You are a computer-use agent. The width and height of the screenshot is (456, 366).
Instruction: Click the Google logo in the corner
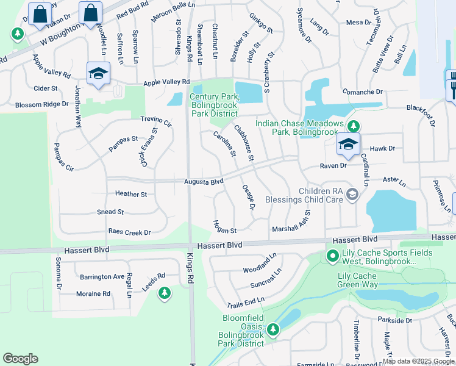pyautogui.click(x=20, y=359)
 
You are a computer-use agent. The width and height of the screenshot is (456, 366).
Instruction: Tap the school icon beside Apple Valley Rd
pyautogui.click(x=98, y=74)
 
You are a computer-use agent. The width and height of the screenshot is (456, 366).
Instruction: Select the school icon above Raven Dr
pyautogui.click(x=347, y=144)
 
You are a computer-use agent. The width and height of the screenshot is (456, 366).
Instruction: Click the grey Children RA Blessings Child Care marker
pyautogui.click(x=352, y=195)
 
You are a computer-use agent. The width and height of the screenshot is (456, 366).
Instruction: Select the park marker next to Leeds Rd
pyautogui.click(x=164, y=293)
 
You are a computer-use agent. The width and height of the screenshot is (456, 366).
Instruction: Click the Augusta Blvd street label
pyautogui.click(x=204, y=182)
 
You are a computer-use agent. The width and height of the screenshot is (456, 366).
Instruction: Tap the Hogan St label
pyautogui.click(x=224, y=231)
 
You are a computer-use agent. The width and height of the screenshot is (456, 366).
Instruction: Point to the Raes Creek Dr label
pyautogui.click(x=129, y=232)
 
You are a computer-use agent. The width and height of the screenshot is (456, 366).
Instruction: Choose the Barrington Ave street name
pyautogui.click(x=102, y=276)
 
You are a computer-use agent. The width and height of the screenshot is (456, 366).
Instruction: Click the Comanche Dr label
pyautogui.click(x=362, y=92)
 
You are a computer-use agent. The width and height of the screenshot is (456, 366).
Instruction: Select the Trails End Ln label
pyautogui.click(x=246, y=301)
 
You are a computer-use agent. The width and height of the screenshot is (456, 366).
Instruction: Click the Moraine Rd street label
pyautogui.click(x=93, y=293)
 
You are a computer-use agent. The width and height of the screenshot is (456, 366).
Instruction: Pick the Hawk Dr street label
pyautogui.click(x=382, y=148)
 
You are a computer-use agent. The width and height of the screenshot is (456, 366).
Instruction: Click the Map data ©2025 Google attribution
pyautogui.click(x=419, y=361)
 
